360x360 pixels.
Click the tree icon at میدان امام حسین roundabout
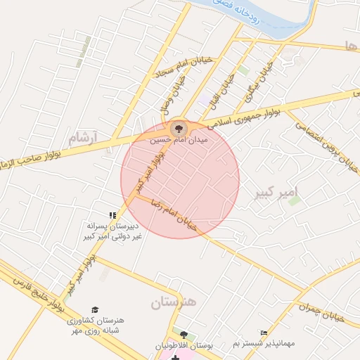[177, 128]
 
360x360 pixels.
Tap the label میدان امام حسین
[179, 140]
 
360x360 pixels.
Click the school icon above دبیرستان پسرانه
[112, 215]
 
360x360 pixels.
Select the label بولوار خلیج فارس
[34, 288]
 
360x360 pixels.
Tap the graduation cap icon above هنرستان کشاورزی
[95, 309]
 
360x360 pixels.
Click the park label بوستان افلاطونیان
[184, 346]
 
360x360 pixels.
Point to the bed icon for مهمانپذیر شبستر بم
[264, 333]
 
